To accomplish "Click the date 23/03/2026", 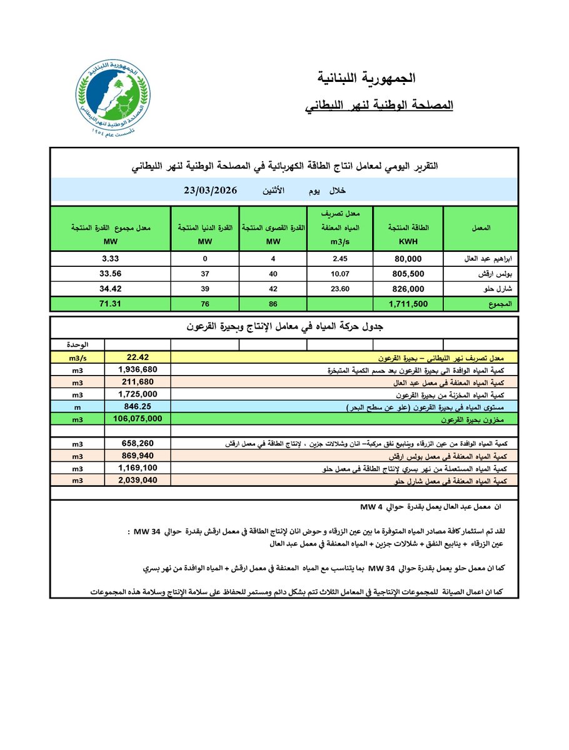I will [213, 191].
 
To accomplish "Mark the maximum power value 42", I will [272, 288].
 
